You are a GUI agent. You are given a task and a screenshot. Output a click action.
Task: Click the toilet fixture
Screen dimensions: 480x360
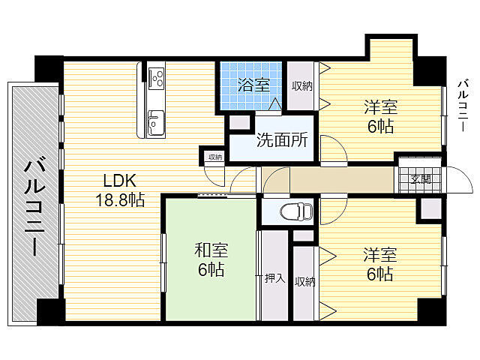click(297, 211)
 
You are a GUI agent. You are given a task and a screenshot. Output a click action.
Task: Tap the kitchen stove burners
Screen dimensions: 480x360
click(157, 77)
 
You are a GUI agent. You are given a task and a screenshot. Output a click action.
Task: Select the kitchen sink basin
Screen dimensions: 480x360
click(156, 123)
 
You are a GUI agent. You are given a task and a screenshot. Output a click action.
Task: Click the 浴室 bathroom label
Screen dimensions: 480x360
click(253, 85)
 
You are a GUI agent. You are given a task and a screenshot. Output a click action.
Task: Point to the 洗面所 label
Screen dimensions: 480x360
click(282, 140)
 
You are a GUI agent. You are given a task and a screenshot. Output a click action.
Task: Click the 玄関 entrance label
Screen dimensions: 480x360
click(421, 178)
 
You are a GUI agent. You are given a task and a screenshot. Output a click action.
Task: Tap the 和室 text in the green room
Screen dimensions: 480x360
click(211, 250)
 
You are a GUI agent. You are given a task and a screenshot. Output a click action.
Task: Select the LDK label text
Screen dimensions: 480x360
click(119, 181)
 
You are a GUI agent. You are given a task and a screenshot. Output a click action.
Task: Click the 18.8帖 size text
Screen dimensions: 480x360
click(120, 200)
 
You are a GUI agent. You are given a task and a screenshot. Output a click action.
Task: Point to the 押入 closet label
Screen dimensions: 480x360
click(275, 278)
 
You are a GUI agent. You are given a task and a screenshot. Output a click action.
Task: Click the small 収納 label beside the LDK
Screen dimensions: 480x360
click(215, 157)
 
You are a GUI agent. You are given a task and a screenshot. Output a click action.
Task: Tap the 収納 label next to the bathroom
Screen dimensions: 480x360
click(301, 86)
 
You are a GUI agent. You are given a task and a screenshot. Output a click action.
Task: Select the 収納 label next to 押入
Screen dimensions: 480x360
click(305, 282)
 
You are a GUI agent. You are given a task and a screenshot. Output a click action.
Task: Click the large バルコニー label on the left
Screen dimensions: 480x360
click(34, 205)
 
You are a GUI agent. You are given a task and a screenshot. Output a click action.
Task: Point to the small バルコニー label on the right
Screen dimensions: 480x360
click(463, 106)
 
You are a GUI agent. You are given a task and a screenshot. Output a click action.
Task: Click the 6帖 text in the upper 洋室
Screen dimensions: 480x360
click(380, 126)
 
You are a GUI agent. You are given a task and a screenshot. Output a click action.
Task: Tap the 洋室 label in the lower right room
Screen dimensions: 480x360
click(380, 255)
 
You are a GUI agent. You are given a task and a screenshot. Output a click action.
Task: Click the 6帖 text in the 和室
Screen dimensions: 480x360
click(211, 269)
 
